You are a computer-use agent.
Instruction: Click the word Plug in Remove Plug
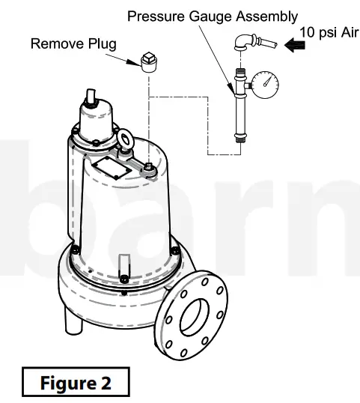pyautogui.click(x=102, y=43)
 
